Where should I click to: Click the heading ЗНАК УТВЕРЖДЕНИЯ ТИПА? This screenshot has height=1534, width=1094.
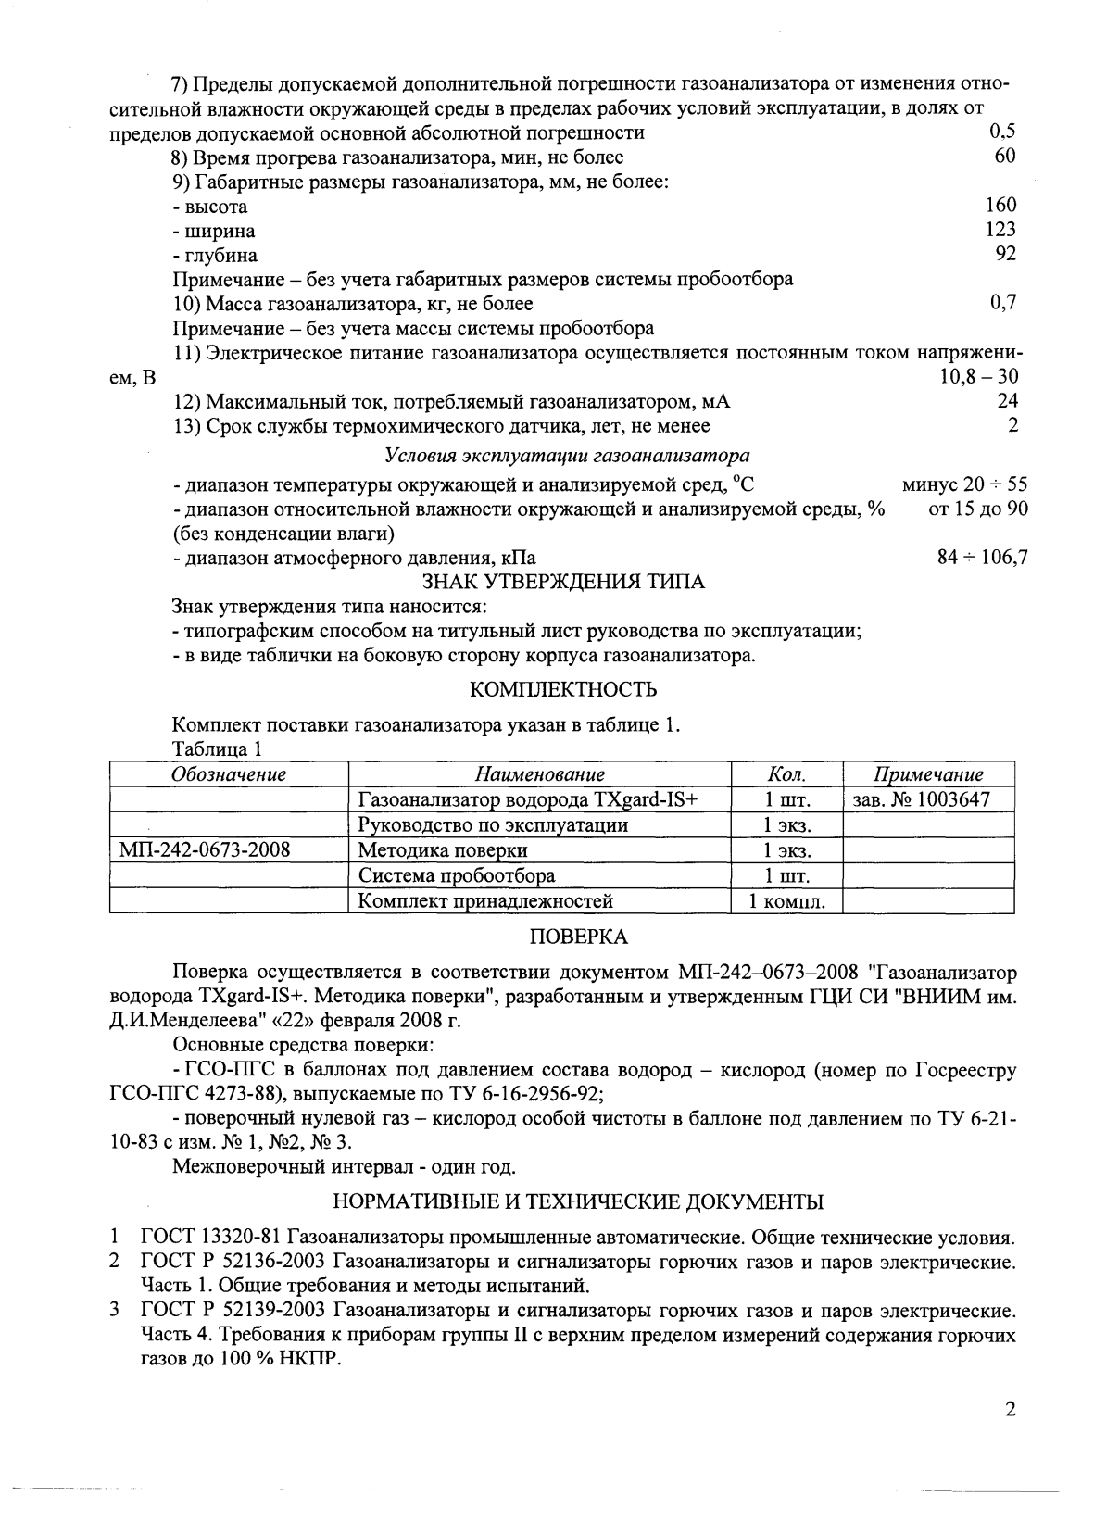[x=563, y=582]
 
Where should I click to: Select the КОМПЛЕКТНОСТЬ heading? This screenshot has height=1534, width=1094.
[x=563, y=690]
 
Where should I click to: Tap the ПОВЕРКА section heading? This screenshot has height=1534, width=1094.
[x=577, y=937]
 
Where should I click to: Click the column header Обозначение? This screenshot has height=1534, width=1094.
[x=229, y=774]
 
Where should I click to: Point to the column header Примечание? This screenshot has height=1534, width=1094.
[x=928, y=774]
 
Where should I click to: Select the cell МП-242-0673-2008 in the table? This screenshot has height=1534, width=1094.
[x=206, y=849]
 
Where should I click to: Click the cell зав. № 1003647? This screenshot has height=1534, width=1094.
[x=920, y=799]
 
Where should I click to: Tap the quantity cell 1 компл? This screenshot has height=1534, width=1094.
[x=786, y=900]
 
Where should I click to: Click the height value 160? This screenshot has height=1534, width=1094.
[x=1000, y=206]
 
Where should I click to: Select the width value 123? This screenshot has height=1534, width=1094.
[x=1000, y=230]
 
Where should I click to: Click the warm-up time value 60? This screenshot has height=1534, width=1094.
[x=1005, y=157]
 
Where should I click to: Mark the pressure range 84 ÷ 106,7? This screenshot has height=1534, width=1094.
[x=982, y=558]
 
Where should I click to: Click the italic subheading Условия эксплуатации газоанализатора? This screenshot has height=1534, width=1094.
[x=566, y=456]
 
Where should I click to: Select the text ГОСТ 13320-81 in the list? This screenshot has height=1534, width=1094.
[x=211, y=1237]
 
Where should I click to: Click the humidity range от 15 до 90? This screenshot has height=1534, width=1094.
[x=977, y=509]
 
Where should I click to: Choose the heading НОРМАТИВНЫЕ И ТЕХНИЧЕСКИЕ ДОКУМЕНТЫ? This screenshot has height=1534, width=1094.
[x=577, y=1202]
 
